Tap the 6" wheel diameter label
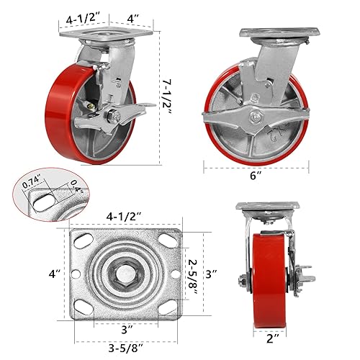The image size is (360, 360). [256, 176]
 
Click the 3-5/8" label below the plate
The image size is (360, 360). [126, 348]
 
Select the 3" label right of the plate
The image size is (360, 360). [211, 274]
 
